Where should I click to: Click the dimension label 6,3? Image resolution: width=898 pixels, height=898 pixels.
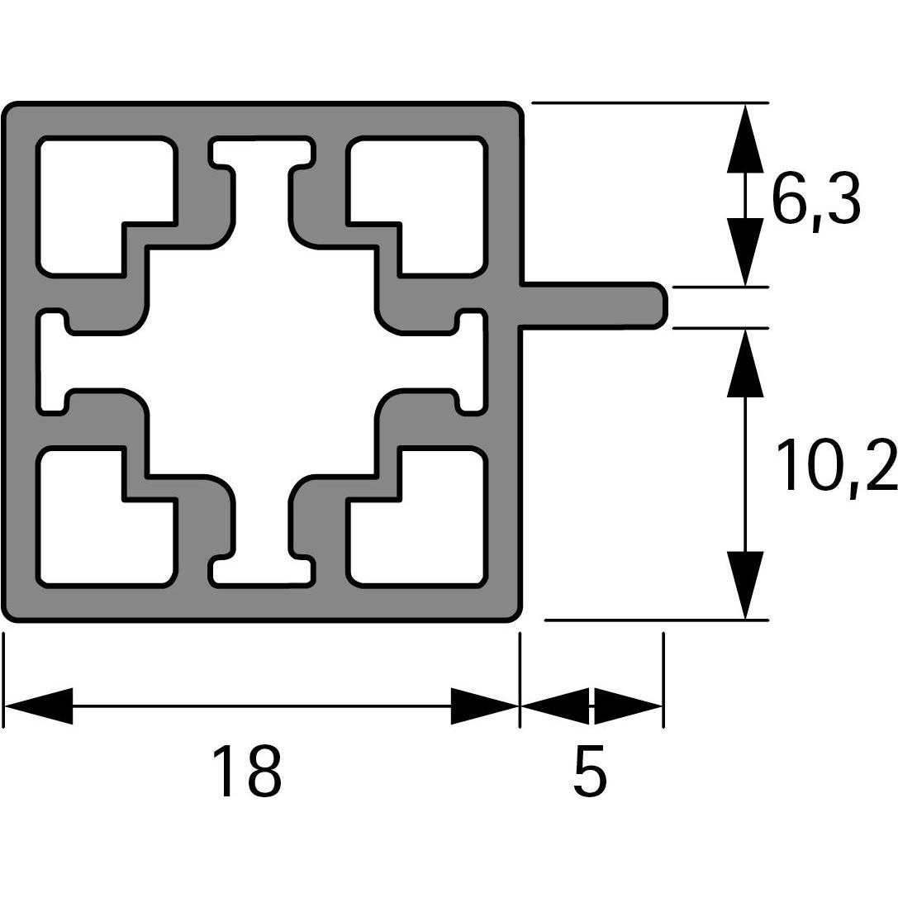(815, 201)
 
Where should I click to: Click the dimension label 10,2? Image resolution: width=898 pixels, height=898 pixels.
(835, 467)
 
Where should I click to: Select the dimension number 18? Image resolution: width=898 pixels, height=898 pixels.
(247, 772)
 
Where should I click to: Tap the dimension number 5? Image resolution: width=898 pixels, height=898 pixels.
(590, 772)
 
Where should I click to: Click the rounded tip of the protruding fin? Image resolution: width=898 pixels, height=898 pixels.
(658, 306)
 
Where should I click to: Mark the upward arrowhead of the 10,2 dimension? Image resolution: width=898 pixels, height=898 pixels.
(745, 363)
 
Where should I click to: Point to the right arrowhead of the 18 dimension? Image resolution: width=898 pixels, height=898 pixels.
(484, 706)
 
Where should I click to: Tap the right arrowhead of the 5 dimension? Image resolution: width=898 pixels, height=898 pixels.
(628, 706)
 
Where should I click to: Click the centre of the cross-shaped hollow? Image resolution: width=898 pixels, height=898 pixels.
(262, 361)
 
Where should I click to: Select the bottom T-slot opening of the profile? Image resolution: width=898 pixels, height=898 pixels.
(263, 572)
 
